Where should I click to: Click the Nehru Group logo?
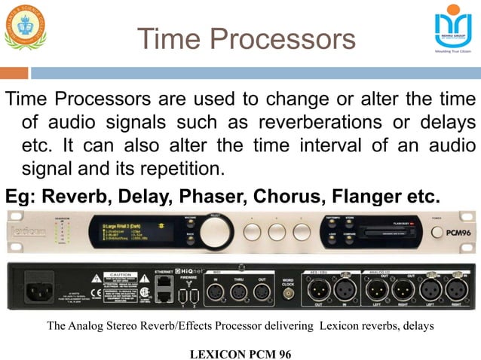tap(452, 29)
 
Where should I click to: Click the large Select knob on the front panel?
tap(216, 230)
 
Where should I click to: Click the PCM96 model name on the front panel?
tap(452, 232)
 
